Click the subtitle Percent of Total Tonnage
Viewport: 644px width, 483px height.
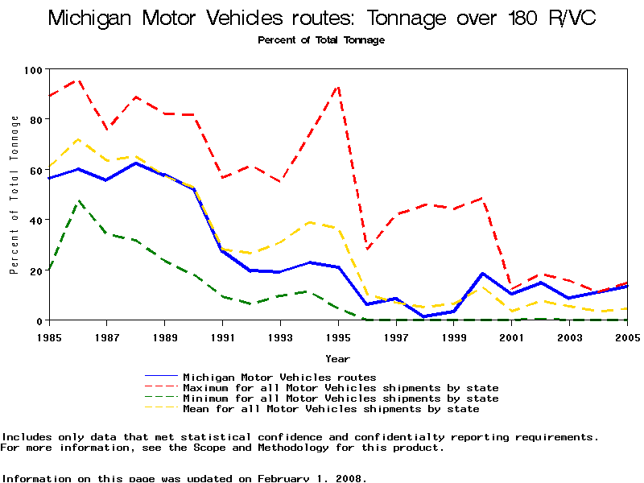[321, 40]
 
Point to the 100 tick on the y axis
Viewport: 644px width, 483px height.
[32, 70]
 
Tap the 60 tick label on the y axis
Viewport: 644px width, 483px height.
[35, 171]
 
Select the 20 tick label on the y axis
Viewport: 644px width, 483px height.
[35, 271]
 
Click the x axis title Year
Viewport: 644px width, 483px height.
[337, 358]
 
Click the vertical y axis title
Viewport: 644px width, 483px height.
[14, 194]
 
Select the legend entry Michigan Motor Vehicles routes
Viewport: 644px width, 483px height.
[279, 377]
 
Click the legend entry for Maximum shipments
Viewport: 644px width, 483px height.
[341, 388]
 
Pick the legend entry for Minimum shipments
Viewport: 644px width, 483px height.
[341, 398]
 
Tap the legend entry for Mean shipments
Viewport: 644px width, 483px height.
[331, 409]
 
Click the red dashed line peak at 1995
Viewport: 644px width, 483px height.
[338, 85]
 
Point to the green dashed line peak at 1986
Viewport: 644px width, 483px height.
[78, 201]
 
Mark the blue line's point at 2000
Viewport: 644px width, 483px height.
[482, 274]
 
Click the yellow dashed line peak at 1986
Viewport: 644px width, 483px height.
[78, 139]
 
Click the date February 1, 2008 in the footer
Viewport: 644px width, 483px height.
[312, 478]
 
